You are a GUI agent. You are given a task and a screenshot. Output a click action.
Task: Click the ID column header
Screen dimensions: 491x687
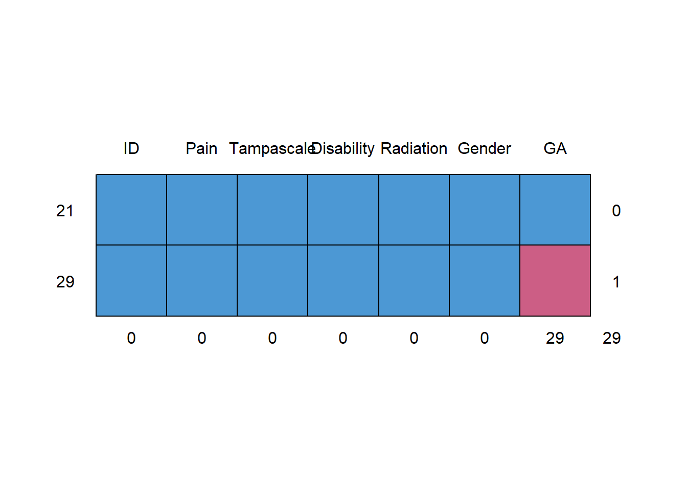point(131,148)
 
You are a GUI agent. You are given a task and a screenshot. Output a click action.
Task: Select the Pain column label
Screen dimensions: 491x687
point(201,148)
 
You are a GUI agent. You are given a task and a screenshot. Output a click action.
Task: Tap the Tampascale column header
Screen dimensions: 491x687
point(271,148)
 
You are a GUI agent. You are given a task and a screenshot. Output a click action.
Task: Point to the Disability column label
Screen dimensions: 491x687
point(343,148)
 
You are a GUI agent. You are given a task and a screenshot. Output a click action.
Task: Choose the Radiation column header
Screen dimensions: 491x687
point(414,148)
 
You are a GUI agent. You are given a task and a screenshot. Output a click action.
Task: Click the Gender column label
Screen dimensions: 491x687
point(484,148)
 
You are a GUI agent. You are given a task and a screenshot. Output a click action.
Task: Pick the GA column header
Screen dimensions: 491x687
point(555,148)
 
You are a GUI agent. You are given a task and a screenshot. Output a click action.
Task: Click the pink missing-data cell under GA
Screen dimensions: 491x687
point(555,281)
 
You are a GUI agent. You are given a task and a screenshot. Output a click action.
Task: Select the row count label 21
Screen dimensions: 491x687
point(65,211)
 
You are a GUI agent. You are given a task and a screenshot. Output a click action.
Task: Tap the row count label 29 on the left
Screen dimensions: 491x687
point(65,282)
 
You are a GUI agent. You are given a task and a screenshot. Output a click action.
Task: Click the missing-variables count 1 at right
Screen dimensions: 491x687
point(616,282)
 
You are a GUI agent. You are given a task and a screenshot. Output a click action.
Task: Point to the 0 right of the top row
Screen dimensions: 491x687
point(616,211)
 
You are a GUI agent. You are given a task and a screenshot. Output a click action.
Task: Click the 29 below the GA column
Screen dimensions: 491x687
point(555,338)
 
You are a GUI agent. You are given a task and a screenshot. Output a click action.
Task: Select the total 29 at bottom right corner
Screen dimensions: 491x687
point(612,338)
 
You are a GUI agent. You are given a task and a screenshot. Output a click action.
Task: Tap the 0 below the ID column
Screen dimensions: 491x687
point(131,338)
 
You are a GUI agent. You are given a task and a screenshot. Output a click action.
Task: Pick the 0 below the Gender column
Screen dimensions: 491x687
point(485,338)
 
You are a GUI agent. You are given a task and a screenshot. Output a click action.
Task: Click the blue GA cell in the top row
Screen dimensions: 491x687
point(555,210)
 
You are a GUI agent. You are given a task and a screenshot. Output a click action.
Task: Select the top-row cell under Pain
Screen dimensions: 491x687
point(202,210)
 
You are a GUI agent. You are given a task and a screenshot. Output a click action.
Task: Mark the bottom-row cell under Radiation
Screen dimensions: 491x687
point(414,281)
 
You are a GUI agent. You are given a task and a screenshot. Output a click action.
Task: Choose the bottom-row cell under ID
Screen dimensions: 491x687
point(131,281)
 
